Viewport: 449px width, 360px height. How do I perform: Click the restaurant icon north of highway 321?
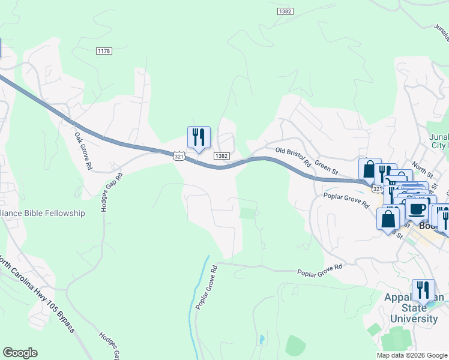pyautogui.click(x=199, y=137)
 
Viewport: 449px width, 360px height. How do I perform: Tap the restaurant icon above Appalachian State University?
pyautogui.click(x=423, y=290)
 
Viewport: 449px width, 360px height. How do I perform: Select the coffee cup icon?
pyautogui.click(x=417, y=210)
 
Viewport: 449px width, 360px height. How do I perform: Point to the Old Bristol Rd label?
pyautogui.click(x=293, y=157)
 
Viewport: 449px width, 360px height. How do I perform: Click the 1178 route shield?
pyautogui.click(x=104, y=52)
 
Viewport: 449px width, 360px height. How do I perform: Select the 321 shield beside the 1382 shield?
pyautogui.click(x=179, y=156)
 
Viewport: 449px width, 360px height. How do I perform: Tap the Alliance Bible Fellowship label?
pyautogui.click(x=43, y=213)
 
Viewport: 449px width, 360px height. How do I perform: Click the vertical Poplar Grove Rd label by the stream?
pyautogui.click(x=203, y=287)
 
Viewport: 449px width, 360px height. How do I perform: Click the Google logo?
pyautogui.click(x=20, y=353)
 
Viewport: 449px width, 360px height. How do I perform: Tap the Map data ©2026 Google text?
pyautogui.click(x=412, y=355)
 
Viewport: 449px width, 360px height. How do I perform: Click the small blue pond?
pyautogui.click(x=262, y=340)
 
